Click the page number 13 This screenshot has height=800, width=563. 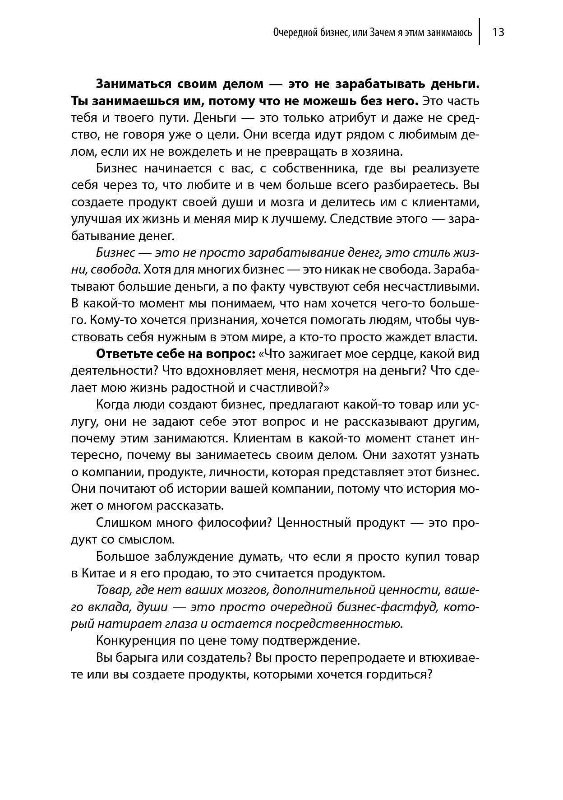tap(498, 33)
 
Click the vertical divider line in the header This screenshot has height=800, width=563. tap(480, 32)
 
